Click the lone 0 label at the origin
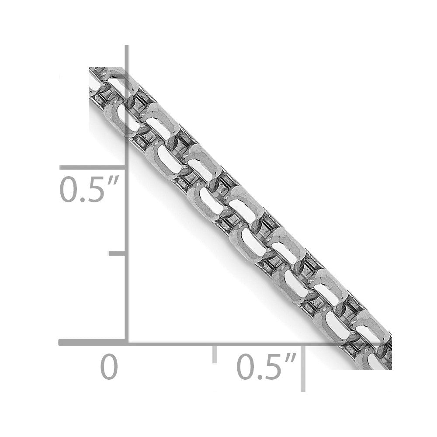coord(109,366)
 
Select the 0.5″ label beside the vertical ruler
coord(89,189)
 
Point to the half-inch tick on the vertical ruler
coord(92,167)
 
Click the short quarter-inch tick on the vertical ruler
coord(117,253)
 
